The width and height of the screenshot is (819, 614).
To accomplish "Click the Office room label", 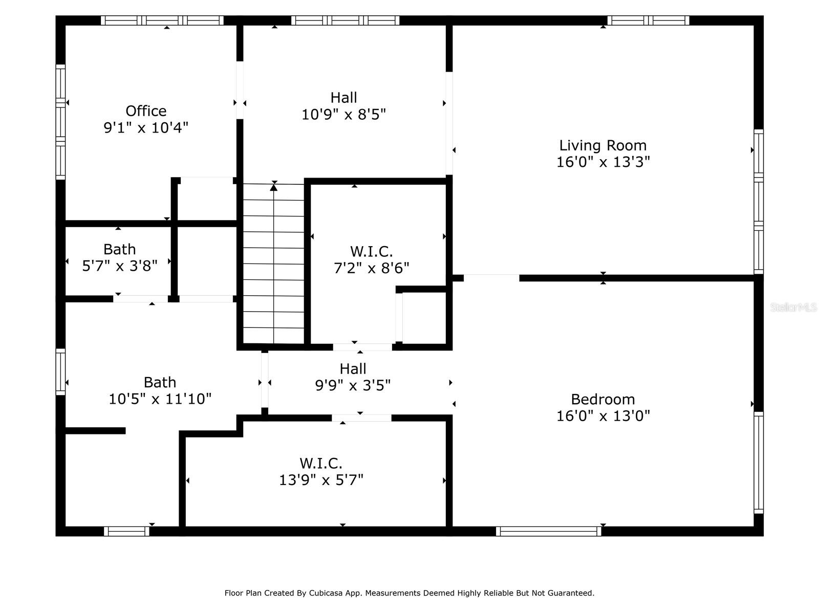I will click(x=146, y=111).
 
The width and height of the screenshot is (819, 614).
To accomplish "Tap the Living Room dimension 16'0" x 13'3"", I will click(x=603, y=162).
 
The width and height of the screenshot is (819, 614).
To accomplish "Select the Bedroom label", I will click(x=603, y=399).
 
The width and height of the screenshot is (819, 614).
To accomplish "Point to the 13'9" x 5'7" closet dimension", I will click(x=321, y=480).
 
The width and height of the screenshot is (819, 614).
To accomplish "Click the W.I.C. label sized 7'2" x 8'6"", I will click(x=372, y=252).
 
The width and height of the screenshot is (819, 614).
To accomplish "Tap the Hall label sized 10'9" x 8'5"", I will click(x=343, y=97).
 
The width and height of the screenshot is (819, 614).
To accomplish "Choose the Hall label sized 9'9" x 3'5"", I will click(x=353, y=369).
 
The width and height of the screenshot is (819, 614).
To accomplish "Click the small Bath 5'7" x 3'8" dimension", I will click(x=120, y=266).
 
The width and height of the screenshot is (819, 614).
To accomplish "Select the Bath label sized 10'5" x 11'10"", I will click(x=160, y=382).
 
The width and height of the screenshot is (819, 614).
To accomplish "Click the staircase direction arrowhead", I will click(x=274, y=188).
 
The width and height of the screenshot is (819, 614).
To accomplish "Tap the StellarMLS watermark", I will click(x=793, y=308).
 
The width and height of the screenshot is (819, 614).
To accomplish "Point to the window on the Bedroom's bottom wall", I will click(x=549, y=531).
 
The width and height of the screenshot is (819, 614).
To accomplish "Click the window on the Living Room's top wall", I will click(x=648, y=20).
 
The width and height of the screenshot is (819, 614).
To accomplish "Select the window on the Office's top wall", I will click(x=162, y=20).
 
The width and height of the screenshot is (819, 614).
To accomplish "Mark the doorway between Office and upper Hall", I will click(x=240, y=91).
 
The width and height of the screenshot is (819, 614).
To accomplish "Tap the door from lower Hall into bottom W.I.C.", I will click(x=361, y=418).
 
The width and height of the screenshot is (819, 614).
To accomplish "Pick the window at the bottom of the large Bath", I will click(x=126, y=531).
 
